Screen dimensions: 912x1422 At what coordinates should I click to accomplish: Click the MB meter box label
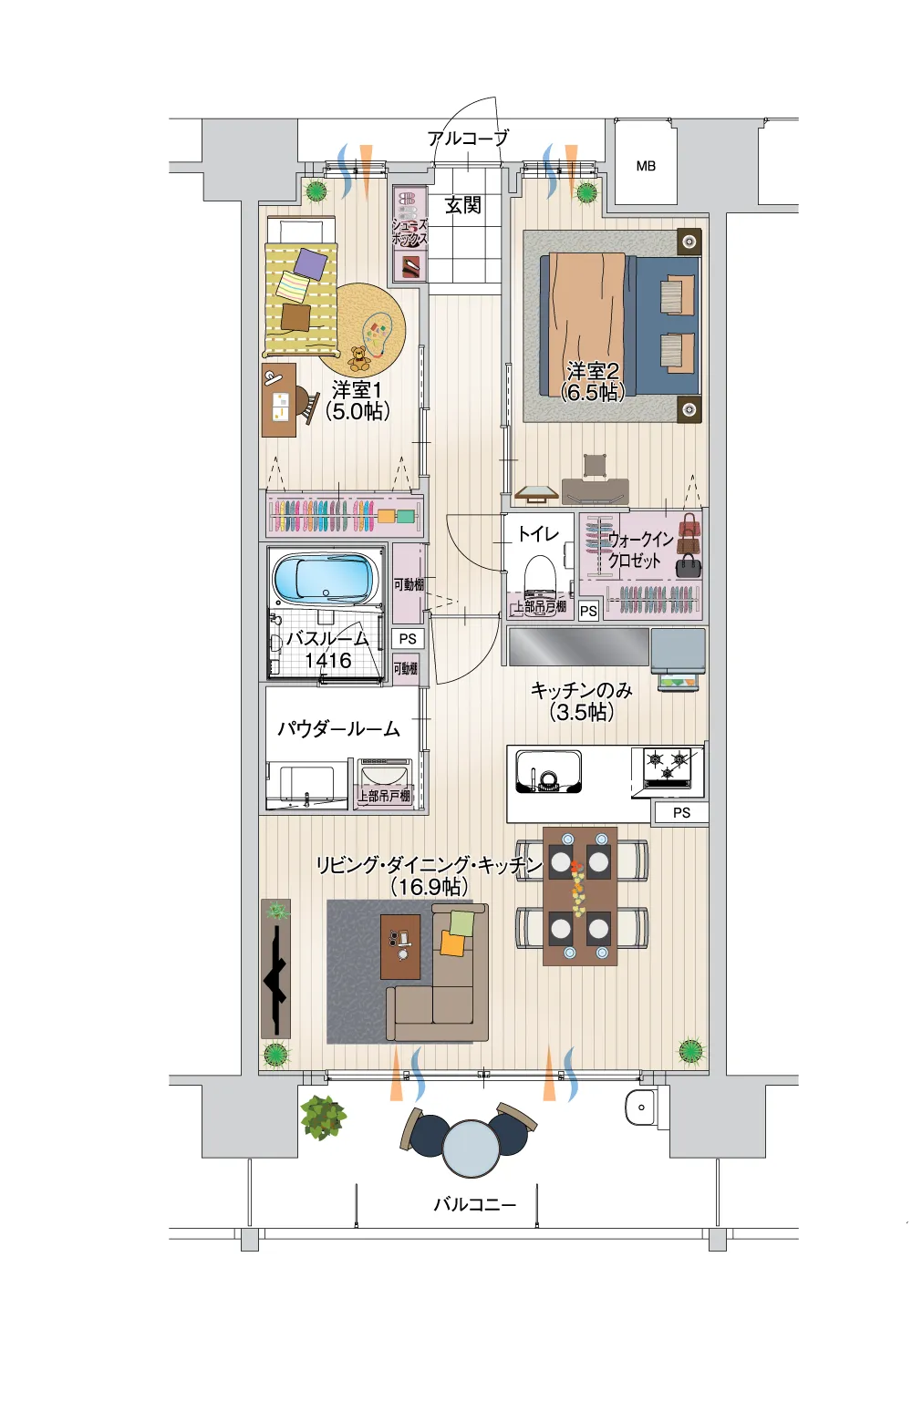[646, 166]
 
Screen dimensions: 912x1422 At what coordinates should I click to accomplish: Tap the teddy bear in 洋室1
[359, 359]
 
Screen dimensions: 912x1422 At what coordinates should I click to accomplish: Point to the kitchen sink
[549, 771]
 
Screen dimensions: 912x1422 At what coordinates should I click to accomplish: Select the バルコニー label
[475, 1204]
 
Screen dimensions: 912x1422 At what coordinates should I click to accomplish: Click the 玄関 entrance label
[462, 205]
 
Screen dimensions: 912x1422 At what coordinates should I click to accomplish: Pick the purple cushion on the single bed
[311, 263]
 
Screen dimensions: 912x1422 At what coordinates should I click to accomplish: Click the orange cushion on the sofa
[453, 943]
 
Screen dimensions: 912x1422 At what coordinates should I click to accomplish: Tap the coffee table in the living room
[400, 946]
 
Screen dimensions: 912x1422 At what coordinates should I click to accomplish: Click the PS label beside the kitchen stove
[681, 812]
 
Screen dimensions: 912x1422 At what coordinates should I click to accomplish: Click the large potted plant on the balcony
[324, 1118]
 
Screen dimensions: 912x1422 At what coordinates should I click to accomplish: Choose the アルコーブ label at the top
[468, 137]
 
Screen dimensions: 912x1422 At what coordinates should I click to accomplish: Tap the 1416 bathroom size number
[327, 660]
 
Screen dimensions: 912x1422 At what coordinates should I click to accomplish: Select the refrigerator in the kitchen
[679, 652]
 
